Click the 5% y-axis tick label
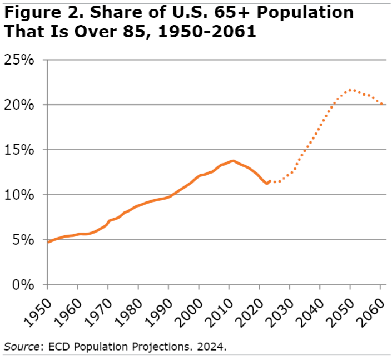tap(24, 240)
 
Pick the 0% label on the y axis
tap(24, 285)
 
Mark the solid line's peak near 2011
tap(233, 161)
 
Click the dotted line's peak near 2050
tap(351, 90)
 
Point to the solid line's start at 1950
tap(48, 242)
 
